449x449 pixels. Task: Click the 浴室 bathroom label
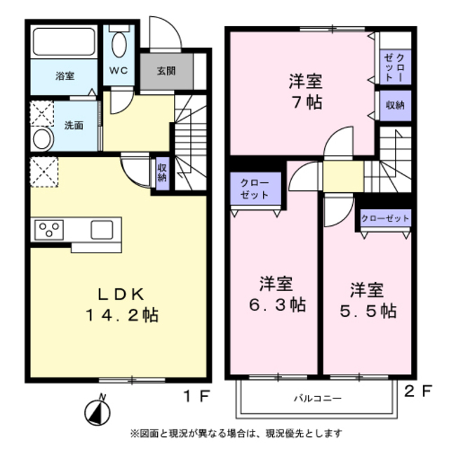65,76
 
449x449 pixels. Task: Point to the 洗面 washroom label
74,126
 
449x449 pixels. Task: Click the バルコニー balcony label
317,398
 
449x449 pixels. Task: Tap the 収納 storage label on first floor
162,173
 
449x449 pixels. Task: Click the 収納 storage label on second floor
394,106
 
